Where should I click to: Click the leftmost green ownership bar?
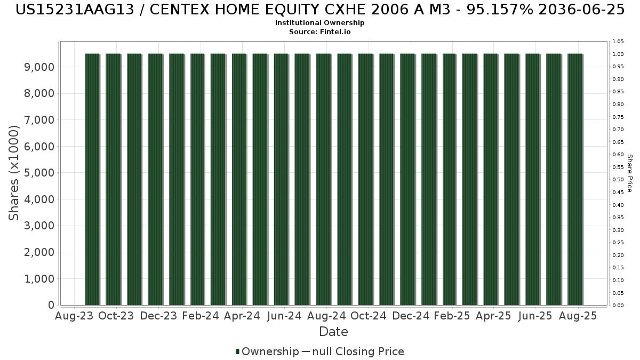pyautogui.click(x=92, y=179)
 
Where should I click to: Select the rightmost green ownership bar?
pyautogui.click(x=575, y=179)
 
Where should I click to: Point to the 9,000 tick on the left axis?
pyautogui.click(x=39, y=67)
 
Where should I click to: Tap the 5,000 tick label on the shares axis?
pyautogui.click(x=39, y=173)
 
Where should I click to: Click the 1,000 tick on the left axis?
pyautogui.click(x=39, y=279)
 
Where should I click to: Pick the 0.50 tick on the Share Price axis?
pyautogui.click(x=618, y=180)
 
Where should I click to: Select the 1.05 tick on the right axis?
pyautogui.click(x=618, y=42)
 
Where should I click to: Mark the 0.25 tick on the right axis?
pyautogui.click(x=618, y=243)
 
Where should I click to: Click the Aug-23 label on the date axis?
pyautogui.click(x=74, y=316)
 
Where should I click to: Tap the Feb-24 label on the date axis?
pyautogui.click(x=201, y=316)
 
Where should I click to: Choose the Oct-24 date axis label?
pyautogui.click(x=369, y=316)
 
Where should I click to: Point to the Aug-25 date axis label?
pyautogui.click(x=578, y=316)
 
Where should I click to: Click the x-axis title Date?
pyautogui.click(x=333, y=332)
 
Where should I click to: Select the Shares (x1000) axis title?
pyautogui.click(x=13, y=173)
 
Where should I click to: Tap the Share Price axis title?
pyautogui.click(x=630, y=173)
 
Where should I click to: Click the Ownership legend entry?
pyautogui.click(x=267, y=351)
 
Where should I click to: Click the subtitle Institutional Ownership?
pyautogui.click(x=319, y=23)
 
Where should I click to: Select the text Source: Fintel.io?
pyautogui.click(x=319, y=31)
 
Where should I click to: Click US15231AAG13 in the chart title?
pyautogui.click(x=75, y=10)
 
